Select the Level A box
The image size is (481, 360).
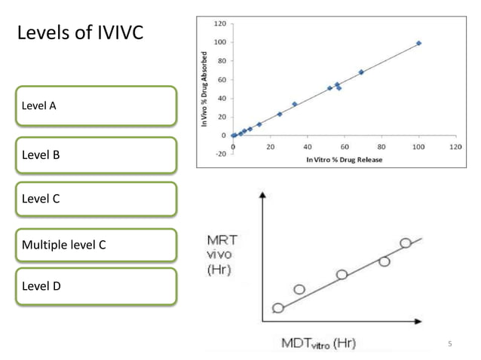point(96,105)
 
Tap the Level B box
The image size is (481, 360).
point(96,155)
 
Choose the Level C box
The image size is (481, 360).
point(96,200)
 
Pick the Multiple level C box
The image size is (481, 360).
point(96,246)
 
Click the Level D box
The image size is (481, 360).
point(96,287)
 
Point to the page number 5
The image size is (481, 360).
point(449,344)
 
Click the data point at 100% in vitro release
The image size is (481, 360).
point(419,43)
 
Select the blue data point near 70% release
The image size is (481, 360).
point(361,72)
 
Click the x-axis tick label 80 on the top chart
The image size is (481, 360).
point(382,148)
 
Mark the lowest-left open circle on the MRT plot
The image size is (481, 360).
point(278,308)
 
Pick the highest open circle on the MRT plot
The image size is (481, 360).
point(406,243)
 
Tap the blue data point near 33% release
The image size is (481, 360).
point(295,104)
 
